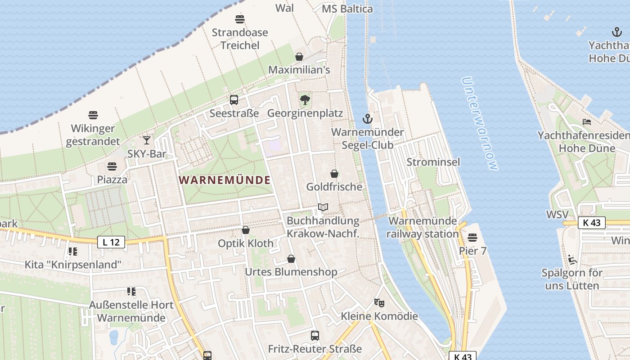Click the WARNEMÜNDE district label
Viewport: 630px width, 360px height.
(225, 180)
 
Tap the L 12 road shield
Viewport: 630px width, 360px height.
(111, 243)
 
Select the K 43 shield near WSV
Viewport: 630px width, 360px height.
(591, 223)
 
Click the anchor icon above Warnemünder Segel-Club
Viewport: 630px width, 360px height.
(368, 119)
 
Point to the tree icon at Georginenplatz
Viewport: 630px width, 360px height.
(305, 100)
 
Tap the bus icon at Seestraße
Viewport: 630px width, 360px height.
(234, 100)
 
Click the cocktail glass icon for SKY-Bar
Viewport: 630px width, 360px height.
(147, 140)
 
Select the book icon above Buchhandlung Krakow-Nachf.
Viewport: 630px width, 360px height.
(323, 207)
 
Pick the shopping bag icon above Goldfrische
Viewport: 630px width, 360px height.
(334, 174)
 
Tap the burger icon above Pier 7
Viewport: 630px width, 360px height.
(472, 237)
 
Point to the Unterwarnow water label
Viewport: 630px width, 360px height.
(480, 124)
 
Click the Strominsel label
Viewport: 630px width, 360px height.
(433, 162)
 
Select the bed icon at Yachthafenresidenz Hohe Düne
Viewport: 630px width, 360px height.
(586, 122)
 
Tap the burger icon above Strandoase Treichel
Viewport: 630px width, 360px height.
(240, 19)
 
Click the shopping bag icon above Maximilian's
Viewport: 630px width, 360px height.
(299, 57)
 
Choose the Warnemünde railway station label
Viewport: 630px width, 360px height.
(423, 227)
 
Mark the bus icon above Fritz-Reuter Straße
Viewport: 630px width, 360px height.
(315, 335)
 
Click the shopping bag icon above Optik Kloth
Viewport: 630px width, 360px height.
(246, 230)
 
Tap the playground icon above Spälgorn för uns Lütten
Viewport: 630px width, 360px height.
(571, 259)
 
